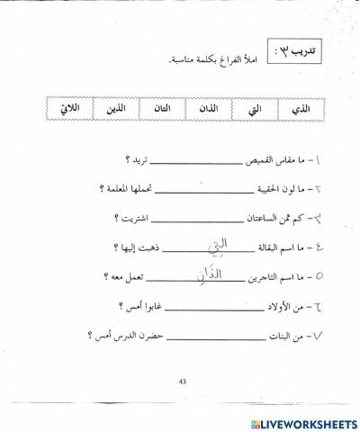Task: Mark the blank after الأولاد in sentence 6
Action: pyautogui.click(x=199, y=305)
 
